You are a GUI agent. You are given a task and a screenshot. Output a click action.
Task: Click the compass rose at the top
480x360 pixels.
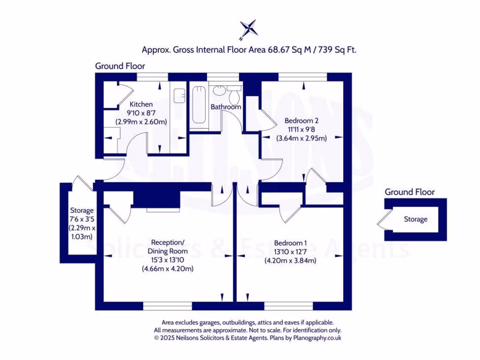click(249, 29)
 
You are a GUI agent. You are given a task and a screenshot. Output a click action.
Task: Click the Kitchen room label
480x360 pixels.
click(141, 104)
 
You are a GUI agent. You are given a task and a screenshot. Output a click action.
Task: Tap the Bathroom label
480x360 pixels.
click(225, 107)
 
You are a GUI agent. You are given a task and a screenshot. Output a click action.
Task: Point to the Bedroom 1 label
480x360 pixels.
click(290, 243)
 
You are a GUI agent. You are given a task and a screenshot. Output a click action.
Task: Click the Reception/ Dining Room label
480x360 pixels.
click(167, 247)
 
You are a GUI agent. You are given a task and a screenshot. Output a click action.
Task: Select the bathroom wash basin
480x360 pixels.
click(219, 90)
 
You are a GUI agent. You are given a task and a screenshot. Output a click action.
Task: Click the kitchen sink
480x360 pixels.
click(179, 96)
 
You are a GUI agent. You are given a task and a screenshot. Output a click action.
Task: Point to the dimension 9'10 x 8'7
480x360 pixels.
click(141, 113)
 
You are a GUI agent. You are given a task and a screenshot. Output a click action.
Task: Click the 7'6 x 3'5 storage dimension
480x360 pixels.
click(82, 219)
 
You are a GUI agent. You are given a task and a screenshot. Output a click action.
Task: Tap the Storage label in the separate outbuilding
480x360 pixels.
click(415, 219)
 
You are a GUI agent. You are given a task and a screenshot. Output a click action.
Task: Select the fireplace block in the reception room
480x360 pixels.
click(157, 199)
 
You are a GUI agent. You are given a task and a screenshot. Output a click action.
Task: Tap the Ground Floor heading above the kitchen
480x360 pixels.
click(120, 66)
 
